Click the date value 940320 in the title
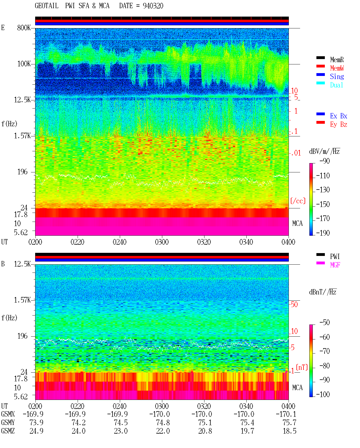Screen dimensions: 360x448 (153, 6)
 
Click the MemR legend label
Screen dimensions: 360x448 (337, 60)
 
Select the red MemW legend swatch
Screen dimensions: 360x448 (320, 66)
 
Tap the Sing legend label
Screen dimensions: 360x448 (337, 76)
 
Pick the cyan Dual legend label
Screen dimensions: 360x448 (337, 85)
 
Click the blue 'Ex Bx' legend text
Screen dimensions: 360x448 (339, 116)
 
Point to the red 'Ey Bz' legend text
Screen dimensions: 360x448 (339, 125)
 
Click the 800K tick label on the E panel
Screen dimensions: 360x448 (24, 28)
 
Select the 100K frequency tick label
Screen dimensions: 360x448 (24, 64)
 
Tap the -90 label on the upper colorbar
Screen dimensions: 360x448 (325, 161)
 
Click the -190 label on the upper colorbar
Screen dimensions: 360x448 (323, 233)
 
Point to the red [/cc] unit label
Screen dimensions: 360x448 (298, 201)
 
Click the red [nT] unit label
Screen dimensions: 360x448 (302, 367)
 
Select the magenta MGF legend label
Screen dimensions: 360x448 (335, 265)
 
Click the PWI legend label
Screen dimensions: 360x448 (335, 256)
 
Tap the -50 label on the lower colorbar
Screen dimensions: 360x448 (325, 323)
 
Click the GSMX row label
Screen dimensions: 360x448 (8, 414)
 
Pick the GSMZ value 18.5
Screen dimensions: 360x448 (289, 431)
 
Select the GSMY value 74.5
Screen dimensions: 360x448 (121, 423)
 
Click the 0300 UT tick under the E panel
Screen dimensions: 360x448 (162, 242)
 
